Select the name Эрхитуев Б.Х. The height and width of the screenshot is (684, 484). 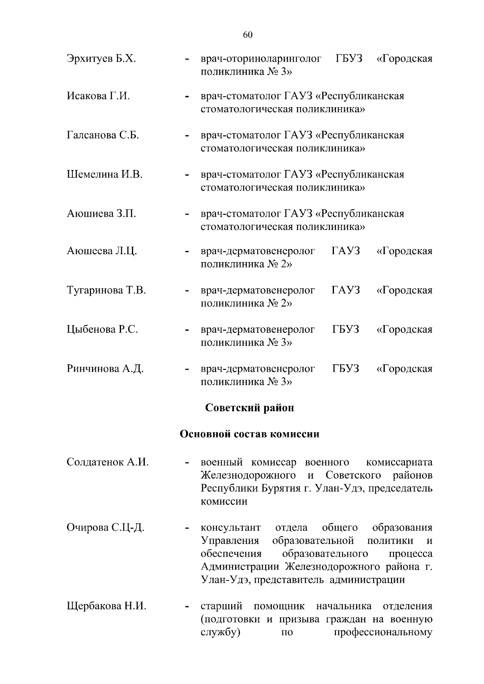click(x=101, y=59)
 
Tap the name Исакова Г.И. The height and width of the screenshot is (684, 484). click(x=98, y=96)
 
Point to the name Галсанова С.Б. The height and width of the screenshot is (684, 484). click(x=103, y=135)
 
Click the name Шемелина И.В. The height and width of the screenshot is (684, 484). click(x=105, y=174)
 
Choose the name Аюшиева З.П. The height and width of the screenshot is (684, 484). click(x=101, y=213)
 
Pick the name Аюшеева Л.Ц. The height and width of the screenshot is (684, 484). click(x=102, y=251)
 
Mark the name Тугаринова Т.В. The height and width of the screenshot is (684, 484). click(x=106, y=290)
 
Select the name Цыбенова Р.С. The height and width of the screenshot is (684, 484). click(x=102, y=330)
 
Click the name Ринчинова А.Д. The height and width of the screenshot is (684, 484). click(x=105, y=369)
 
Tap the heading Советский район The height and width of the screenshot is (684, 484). click(x=250, y=408)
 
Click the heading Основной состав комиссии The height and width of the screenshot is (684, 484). click(x=249, y=434)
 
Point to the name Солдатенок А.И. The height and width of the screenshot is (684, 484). click(x=108, y=462)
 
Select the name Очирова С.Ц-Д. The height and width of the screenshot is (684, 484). click(x=106, y=527)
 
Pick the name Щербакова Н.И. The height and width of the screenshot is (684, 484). click(x=106, y=606)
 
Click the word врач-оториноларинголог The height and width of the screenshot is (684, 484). click(x=261, y=59)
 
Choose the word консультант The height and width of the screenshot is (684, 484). click(x=231, y=527)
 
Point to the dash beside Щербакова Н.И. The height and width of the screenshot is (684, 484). click(x=187, y=607)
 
